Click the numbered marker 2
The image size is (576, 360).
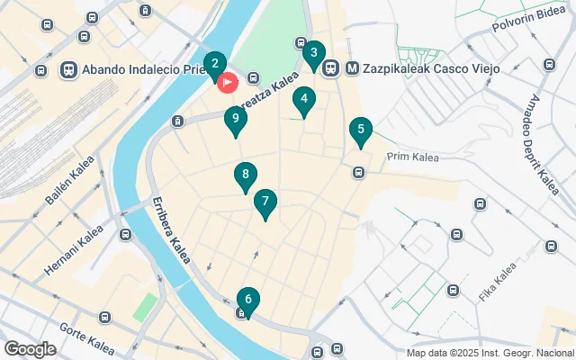tap(214, 64)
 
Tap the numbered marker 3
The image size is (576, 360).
tap(313, 53)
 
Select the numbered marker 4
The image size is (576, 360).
tap(304, 100)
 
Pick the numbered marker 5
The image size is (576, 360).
tap(360, 129)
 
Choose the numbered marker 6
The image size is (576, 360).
tap(247, 299)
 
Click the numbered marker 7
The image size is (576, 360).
tap(265, 202)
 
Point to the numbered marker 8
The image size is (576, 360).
tap(244, 175)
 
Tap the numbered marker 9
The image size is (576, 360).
tap(235, 117)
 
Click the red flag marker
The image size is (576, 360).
tap(228, 83)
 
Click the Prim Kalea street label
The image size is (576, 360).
tap(412, 157)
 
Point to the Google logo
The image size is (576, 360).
tap(30, 348)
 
